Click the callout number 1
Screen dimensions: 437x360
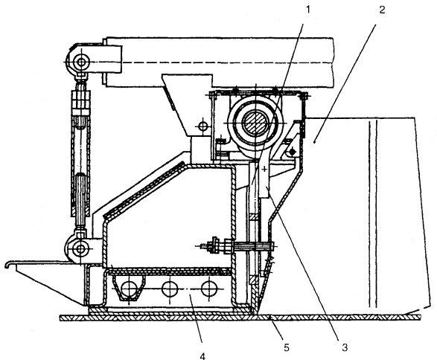pyautogui.click(x=308, y=10)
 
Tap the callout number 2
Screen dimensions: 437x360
pyautogui.click(x=382, y=10)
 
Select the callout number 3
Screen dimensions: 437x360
pyautogui.click(x=345, y=347)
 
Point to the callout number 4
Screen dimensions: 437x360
pyautogui.click(x=203, y=356)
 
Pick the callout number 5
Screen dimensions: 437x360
pyautogui.click(x=286, y=347)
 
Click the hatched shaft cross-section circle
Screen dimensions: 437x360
pyautogui.click(x=255, y=122)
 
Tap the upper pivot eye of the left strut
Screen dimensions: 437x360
pyautogui.click(x=81, y=62)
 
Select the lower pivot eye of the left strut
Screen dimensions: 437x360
pyautogui.click(x=81, y=248)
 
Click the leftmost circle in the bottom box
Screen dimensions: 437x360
pyautogui.click(x=129, y=289)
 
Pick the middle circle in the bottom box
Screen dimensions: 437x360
pyautogui.click(x=170, y=289)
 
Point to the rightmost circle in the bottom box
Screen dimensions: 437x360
pyautogui.click(x=209, y=289)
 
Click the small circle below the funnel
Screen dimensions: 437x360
pyautogui.click(x=203, y=126)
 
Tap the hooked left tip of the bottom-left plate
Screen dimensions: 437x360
pyautogui.click(x=7, y=265)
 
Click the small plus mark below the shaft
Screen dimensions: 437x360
pyautogui.click(x=264, y=169)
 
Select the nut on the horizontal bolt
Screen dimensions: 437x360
pyautogui.click(x=215, y=245)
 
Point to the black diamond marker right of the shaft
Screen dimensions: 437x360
pyautogui.click(x=293, y=152)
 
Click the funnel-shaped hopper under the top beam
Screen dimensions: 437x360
pyautogui.click(x=188, y=104)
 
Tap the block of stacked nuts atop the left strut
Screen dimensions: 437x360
pyautogui.click(x=81, y=102)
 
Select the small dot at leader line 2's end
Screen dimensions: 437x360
pyautogui.click(x=314, y=142)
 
